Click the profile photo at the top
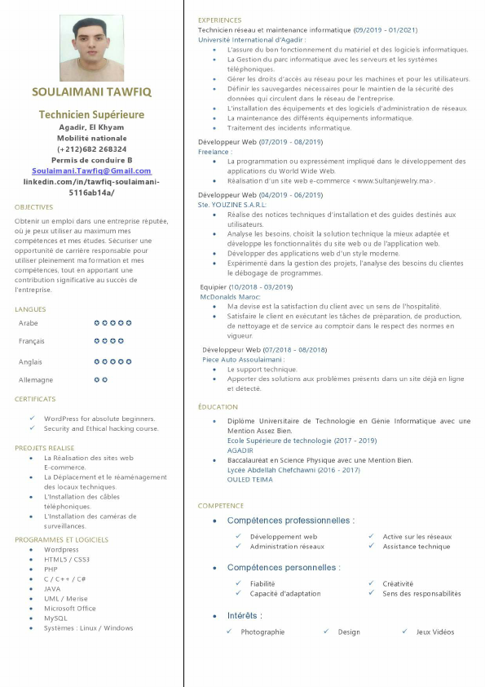pos(91,48)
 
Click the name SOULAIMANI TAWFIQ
pos(91,91)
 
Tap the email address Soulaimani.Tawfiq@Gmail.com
pos(91,171)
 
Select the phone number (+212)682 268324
pos(91,149)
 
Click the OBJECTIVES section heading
pos(33,207)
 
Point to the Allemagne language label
pos(36,380)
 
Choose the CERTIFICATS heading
pos(35,399)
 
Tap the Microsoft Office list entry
pos(70,608)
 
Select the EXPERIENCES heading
pos(219,20)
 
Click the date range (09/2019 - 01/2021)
pos(386,30)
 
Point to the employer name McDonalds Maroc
pos(230,297)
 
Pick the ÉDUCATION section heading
pos(218,406)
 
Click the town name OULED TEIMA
pos(250,480)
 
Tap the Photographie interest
pos(262,632)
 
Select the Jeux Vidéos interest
pos(435,632)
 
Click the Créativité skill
pos(398,583)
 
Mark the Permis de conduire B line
pos(91,160)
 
